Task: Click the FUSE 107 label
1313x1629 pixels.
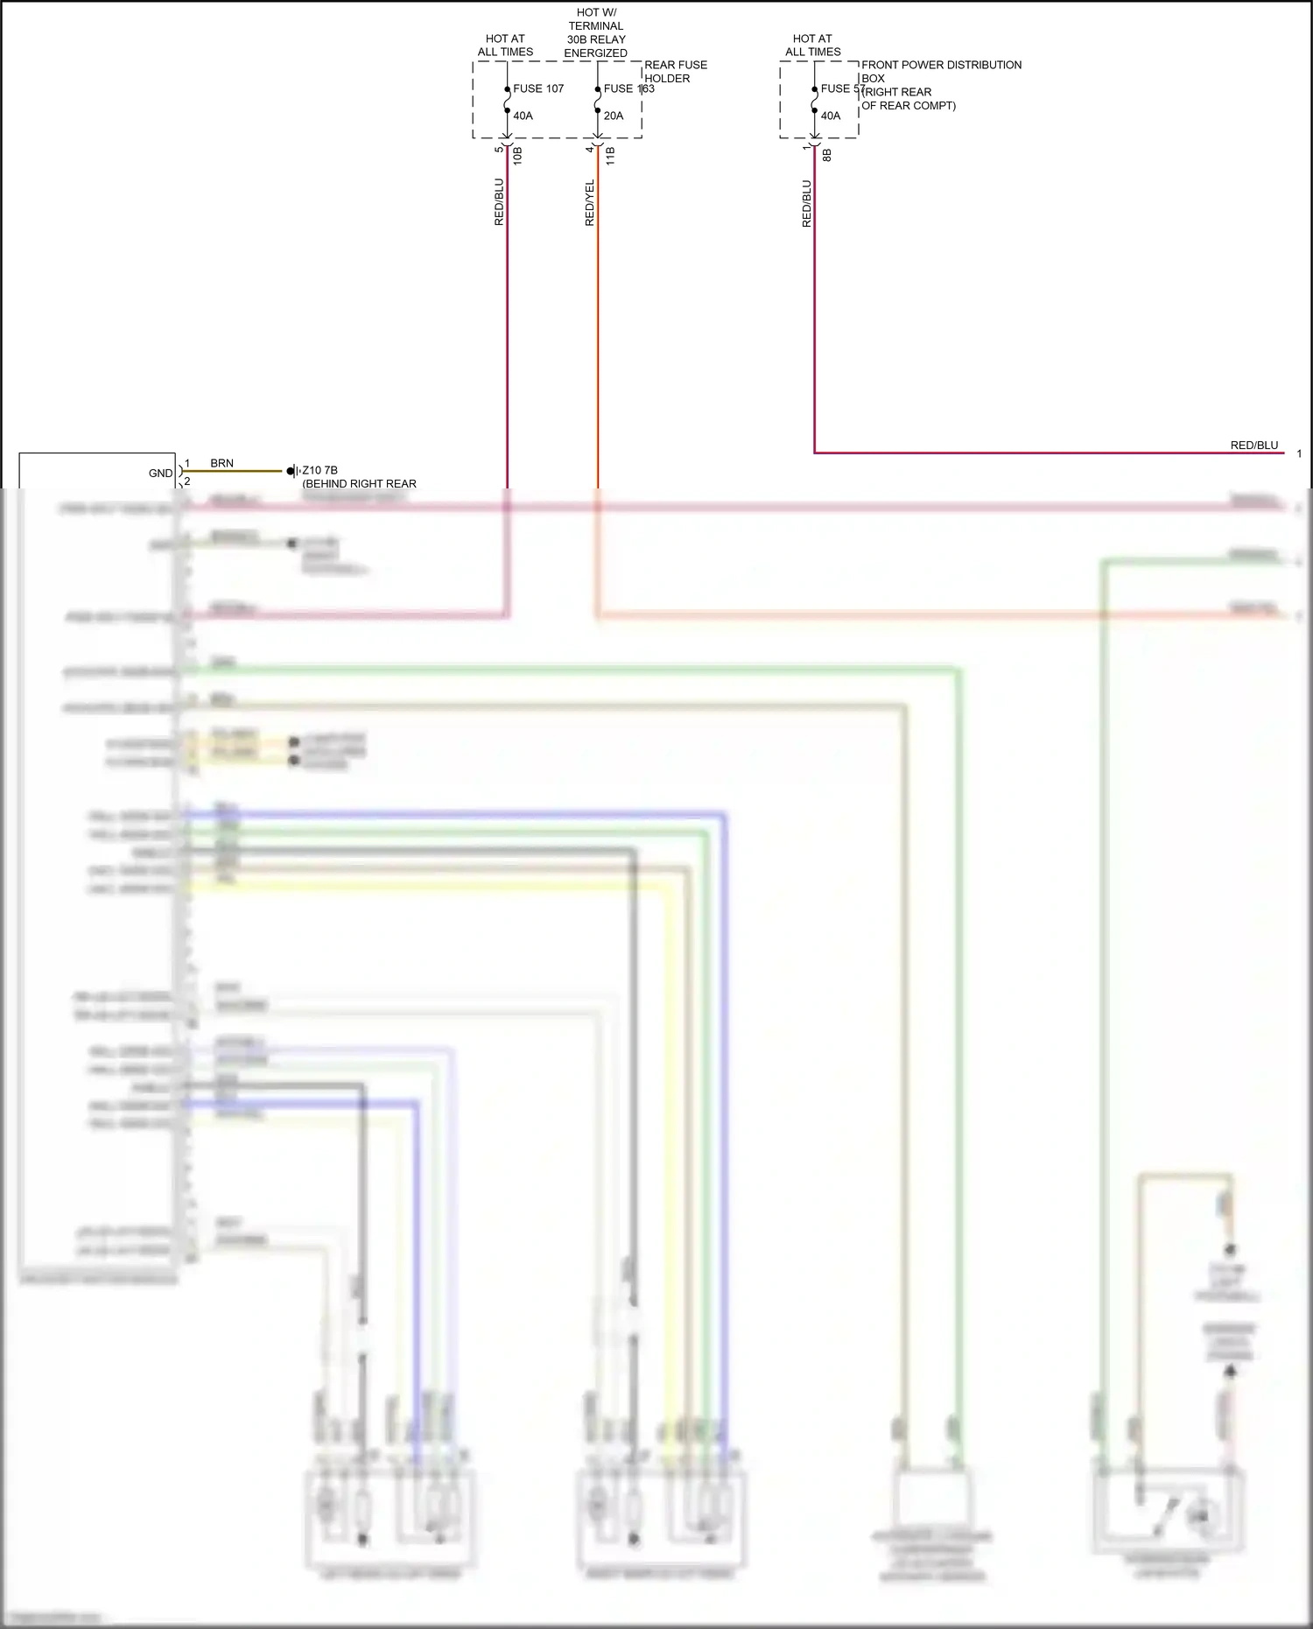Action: click(538, 88)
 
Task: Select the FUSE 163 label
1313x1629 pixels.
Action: click(628, 88)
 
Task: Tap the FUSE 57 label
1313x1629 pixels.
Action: click(842, 88)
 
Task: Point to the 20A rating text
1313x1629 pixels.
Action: click(614, 116)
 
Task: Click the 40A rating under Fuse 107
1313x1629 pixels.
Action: click(523, 116)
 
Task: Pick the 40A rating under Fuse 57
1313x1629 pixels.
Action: click(831, 116)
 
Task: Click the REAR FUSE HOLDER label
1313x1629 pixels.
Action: click(675, 71)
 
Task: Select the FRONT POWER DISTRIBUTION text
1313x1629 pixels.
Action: click(941, 65)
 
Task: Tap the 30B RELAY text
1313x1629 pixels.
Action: click(596, 39)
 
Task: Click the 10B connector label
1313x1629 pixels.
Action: click(518, 156)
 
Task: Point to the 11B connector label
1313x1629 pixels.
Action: click(610, 156)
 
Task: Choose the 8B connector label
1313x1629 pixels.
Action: click(827, 155)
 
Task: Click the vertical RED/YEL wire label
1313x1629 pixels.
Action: click(590, 203)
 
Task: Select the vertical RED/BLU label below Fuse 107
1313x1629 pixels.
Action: click(499, 202)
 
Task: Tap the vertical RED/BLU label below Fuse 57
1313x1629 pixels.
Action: click(807, 204)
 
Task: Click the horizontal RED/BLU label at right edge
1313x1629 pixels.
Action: click(1253, 446)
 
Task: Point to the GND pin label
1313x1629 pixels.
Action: click(160, 474)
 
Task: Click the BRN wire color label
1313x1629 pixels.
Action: click(221, 463)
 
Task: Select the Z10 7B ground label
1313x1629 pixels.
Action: click(319, 470)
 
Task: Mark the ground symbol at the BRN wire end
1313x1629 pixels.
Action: click(292, 472)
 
